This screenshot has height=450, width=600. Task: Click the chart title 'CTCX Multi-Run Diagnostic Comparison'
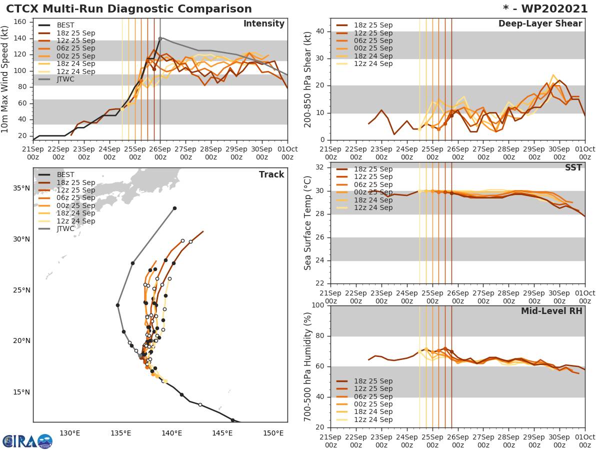(x=129, y=9)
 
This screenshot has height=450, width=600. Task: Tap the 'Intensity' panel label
(x=263, y=24)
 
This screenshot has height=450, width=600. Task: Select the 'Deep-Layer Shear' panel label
(x=540, y=24)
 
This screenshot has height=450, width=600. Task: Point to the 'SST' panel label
(x=573, y=167)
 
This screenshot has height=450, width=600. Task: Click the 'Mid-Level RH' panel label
(x=551, y=311)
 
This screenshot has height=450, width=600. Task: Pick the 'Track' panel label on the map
(x=271, y=174)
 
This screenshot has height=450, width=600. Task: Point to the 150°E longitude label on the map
(x=273, y=433)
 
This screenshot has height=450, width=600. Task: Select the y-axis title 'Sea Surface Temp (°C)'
(x=308, y=223)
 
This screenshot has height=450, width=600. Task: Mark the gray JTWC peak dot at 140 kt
(x=160, y=38)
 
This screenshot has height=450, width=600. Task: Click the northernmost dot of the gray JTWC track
(x=174, y=208)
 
